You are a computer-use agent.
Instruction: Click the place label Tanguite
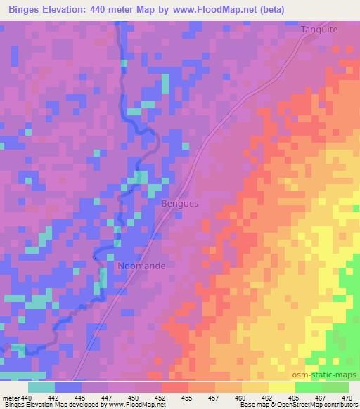319,30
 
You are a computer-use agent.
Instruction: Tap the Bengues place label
181,203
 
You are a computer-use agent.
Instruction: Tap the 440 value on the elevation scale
27,398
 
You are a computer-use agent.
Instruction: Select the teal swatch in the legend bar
41,387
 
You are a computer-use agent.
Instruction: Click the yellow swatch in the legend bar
282,387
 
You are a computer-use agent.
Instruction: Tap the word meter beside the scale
11,398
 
